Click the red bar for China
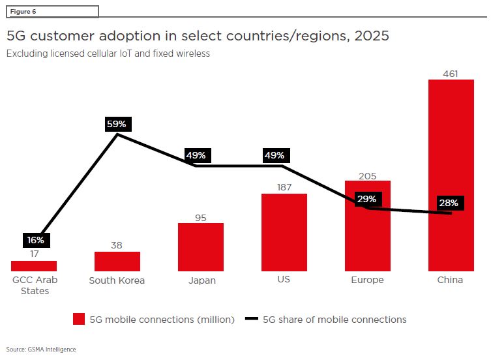pos(451,175)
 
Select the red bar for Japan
pos(201,247)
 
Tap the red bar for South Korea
pos(117,262)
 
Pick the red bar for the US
pos(284,232)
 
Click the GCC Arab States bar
pos(34,266)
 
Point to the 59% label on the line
pos(118,124)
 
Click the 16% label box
pos(37,240)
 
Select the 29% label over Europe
pos(368,199)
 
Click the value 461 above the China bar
pos(451,74)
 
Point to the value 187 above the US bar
pos(284,187)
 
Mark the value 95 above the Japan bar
pos(201,218)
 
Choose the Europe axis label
pos(367,280)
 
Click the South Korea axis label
pos(117,280)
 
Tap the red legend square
pos(79,319)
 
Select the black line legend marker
pos(252,319)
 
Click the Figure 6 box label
pos(23,12)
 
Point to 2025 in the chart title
pos(372,36)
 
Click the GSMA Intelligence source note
pos(41,350)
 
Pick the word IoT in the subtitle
pos(126,53)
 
